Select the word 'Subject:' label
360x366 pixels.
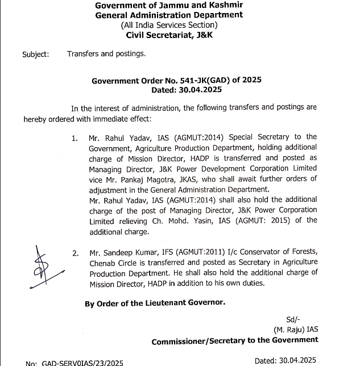point(35,55)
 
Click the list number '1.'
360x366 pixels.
point(75,138)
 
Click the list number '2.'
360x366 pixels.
point(75,253)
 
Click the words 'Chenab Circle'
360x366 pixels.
point(112,263)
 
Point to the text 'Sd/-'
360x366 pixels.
point(294,319)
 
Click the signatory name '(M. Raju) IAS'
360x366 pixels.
point(296,329)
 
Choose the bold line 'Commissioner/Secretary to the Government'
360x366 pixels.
point(234,340)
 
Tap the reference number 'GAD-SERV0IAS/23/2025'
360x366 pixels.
point(74,363)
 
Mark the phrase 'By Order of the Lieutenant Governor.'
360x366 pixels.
point(155,303)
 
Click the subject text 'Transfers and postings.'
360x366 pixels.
point(106,55)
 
